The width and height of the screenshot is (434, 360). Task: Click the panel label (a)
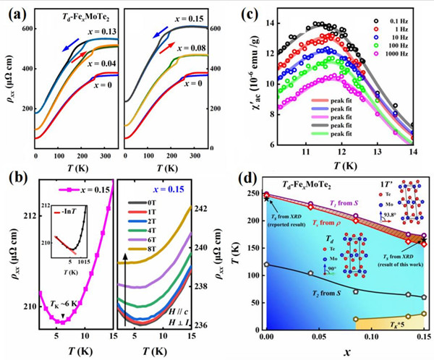coord(14,11)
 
